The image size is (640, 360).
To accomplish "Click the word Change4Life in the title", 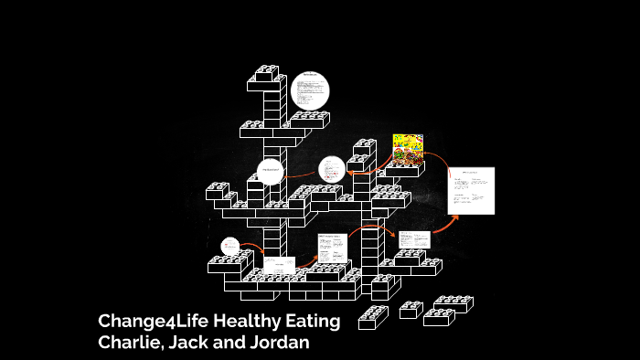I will click(x=147, y=322).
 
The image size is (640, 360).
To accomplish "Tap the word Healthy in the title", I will click(x=240, y=322).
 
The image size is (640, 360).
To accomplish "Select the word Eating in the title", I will click(x=311, y=322).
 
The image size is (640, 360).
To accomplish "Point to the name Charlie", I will click(x=132, y=343).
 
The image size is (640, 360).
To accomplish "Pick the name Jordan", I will click(x=279, y=343).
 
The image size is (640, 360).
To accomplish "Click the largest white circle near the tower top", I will click(x=310, y=91).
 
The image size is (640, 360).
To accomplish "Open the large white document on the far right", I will click(x=471, y=190).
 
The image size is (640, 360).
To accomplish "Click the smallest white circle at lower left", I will click(x=230, y=246).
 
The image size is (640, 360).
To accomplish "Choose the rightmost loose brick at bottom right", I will click(x=453, y=303).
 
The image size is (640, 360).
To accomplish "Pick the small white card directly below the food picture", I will click(x=412, y=239).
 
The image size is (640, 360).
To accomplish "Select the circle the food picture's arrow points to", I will click(x=332, y=169).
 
